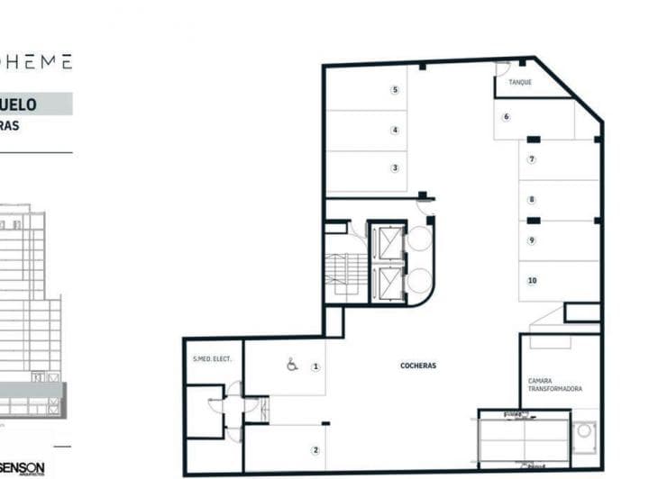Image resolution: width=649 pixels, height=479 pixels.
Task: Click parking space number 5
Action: tap(395, 90)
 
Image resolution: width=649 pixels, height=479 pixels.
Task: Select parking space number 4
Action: tap(395, 130)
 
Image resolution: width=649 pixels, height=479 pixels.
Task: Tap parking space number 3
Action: tap(395, 168)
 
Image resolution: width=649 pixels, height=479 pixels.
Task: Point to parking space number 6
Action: tap(507, 117)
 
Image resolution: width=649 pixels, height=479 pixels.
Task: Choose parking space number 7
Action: tap(532, 159)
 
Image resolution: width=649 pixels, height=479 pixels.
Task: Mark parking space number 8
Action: tap(532, 200)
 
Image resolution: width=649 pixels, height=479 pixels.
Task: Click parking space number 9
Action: tap(532, 240)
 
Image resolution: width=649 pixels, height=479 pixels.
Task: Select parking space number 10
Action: tap(532, 281)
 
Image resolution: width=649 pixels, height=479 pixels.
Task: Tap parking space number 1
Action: tap(315, 366)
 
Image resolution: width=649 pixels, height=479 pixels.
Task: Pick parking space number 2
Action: tap(315, 450)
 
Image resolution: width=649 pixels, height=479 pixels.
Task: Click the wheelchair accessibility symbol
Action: tap(291, 366)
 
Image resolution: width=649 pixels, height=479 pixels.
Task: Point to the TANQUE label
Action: tap(520, 83)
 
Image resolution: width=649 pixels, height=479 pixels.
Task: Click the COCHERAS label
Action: tap(418, 366)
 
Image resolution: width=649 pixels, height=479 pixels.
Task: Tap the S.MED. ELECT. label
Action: tap(213, 359)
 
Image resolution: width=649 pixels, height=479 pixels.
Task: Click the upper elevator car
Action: tap(389, 243)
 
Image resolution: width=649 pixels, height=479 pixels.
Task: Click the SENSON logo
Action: tap(23, 467)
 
